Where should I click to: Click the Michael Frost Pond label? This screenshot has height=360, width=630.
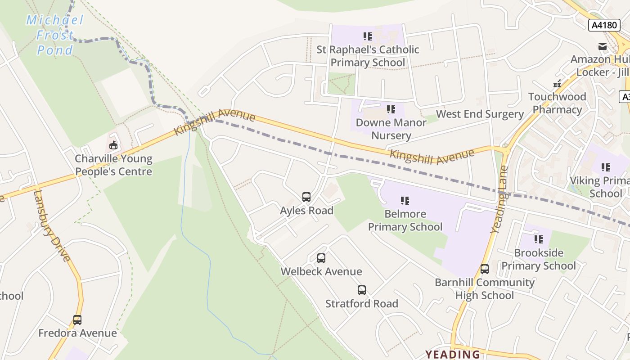pos(55,35)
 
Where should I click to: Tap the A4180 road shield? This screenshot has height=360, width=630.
pos(604,25)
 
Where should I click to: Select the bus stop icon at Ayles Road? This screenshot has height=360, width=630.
pos(306,197)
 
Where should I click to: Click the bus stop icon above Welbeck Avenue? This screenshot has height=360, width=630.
pos(321,258)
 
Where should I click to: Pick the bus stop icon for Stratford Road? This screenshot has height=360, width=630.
pos(362,290)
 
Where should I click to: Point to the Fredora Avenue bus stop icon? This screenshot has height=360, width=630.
pos(77,320)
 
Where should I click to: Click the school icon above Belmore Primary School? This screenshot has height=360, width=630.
pos(405,201)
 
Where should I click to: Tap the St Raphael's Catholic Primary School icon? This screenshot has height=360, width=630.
pos(368,36)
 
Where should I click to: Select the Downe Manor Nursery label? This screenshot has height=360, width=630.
pos(391,129)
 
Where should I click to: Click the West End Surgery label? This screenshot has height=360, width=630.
pos(480,114)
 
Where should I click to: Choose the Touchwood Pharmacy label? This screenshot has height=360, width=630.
pos(557,103)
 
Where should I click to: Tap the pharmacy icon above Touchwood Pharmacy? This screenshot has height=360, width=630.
pos(557,83)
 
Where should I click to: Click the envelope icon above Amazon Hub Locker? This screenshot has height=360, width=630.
pos(603,46)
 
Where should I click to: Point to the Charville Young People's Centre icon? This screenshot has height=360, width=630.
pos(113,145)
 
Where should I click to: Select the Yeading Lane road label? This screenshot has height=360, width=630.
pos(499,199)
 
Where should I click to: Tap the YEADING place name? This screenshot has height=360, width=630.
pos(453,354)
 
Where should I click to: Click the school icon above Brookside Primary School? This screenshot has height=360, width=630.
pos(538,239)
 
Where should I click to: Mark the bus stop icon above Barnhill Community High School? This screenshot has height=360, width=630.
pos(484,269)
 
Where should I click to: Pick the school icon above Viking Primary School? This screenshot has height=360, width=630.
pos(606,167)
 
